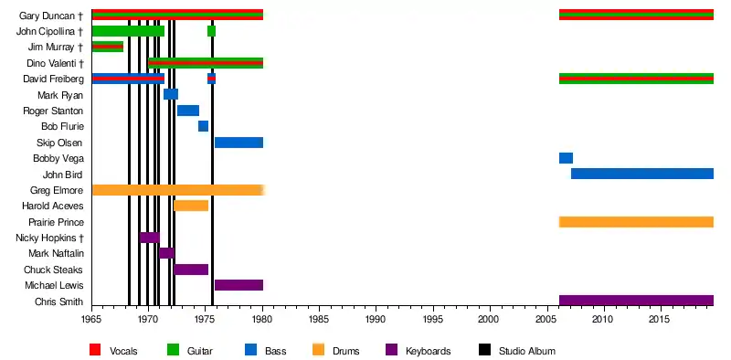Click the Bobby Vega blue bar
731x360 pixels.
566,158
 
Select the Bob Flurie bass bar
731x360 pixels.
203,126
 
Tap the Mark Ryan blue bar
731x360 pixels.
171,94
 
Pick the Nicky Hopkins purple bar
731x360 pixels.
150,238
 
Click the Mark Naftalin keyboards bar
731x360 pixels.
166,253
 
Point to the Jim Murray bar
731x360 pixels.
108,47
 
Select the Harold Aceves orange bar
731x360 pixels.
191,206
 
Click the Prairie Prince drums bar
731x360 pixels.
636,222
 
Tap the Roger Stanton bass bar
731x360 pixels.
188,111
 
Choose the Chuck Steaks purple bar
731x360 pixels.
191,270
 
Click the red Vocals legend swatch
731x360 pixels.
95,350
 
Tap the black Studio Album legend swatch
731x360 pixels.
485,350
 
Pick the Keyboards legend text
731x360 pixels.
429,351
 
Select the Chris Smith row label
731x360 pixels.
59,302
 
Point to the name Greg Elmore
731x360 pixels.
57,190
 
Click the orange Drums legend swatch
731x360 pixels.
318,350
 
